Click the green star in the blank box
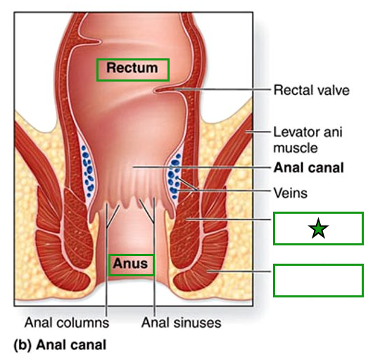tap(318, 229)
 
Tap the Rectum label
tap(132, 69)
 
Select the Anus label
tap(132, 264)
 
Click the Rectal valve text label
tap(311, 90)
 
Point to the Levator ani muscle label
tap(308, 139)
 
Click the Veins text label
tap(290, 191)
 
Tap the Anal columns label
tap(67, 323)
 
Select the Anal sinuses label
tap(182, 323)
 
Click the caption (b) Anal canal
tap(61, 345)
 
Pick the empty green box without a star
tap(318, 280)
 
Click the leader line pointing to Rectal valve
tap(225, 90)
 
